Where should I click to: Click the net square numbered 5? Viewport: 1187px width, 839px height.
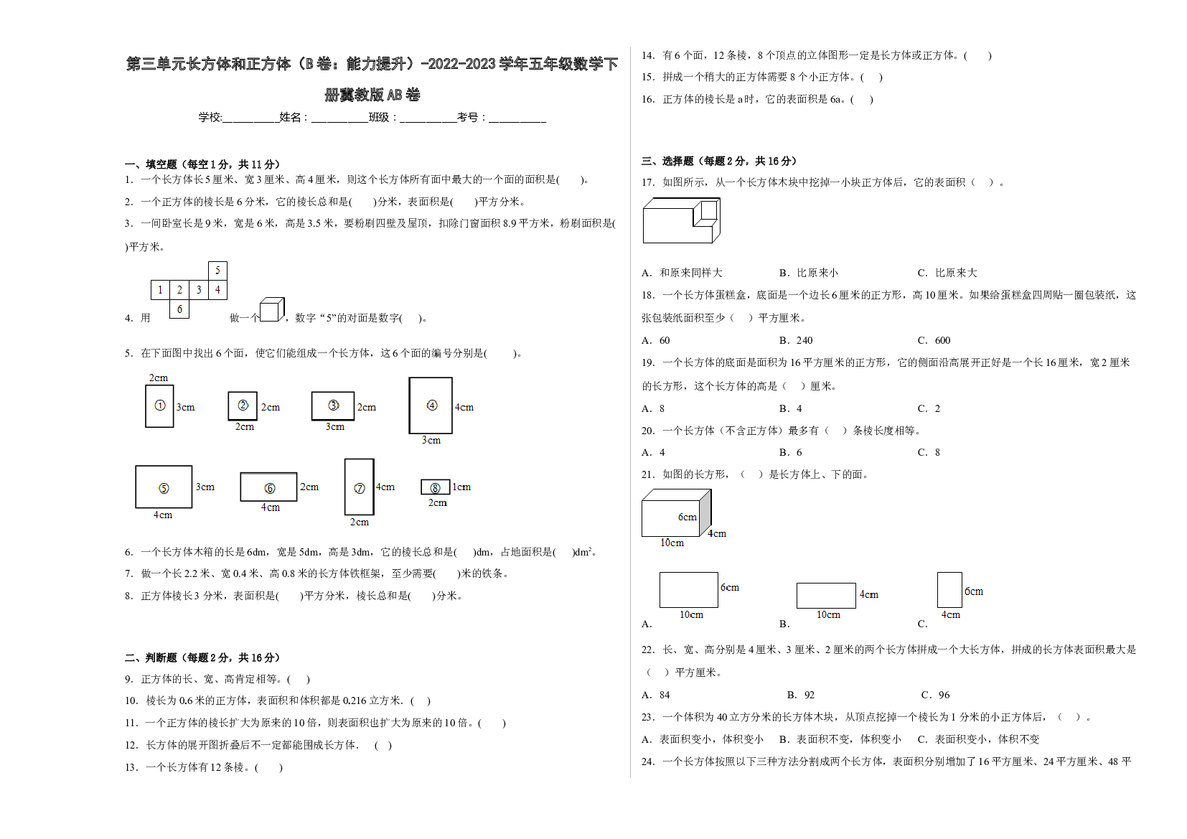tap(217, 271)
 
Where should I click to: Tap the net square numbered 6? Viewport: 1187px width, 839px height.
tap(179, 309)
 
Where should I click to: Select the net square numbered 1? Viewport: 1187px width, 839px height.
tap(161, 290)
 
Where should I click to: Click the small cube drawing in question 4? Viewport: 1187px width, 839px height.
tap(272, 309)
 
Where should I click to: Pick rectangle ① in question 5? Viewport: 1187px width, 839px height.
tap(159, 406)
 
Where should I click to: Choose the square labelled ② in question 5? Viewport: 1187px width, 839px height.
tap(243, 406)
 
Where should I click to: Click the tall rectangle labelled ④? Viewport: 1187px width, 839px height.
tap(431, 406)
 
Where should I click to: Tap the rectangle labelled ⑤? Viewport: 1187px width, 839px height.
tap(164, 487)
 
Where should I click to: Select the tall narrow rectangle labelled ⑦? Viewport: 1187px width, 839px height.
tap(360, 487)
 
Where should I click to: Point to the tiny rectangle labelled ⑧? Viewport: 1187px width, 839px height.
tap(436, 487)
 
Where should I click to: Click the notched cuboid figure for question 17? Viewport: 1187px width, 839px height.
tap(682, 220)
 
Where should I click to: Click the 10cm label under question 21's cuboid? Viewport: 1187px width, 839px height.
tap(672, 543)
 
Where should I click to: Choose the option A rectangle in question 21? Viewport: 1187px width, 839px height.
tap(689, 590)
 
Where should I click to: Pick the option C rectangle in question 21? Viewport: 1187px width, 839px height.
tap(949, 590)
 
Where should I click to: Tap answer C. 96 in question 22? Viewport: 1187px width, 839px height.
tap(936, 695)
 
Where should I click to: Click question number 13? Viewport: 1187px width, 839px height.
tap(131, 767)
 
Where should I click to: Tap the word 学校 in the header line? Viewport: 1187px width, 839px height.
tap(210, 117)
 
